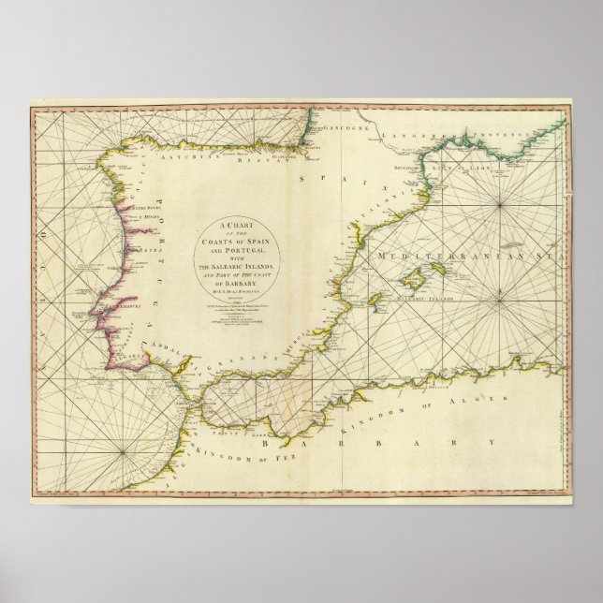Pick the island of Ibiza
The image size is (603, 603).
coord(374,302)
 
